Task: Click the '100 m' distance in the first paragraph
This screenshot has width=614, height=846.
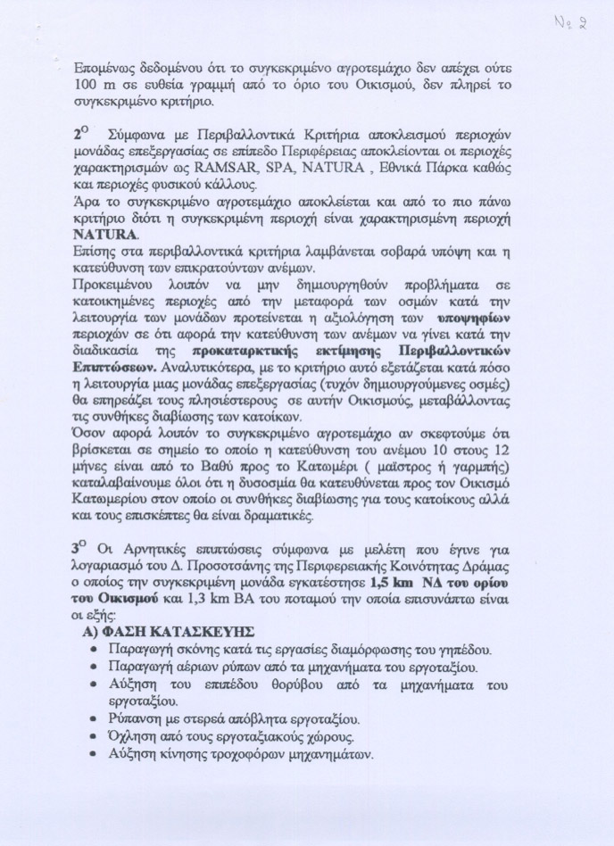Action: point(90,86)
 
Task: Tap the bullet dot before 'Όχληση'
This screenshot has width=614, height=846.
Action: point(94,737)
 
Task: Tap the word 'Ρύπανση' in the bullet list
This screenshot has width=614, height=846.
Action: point(135,719)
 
